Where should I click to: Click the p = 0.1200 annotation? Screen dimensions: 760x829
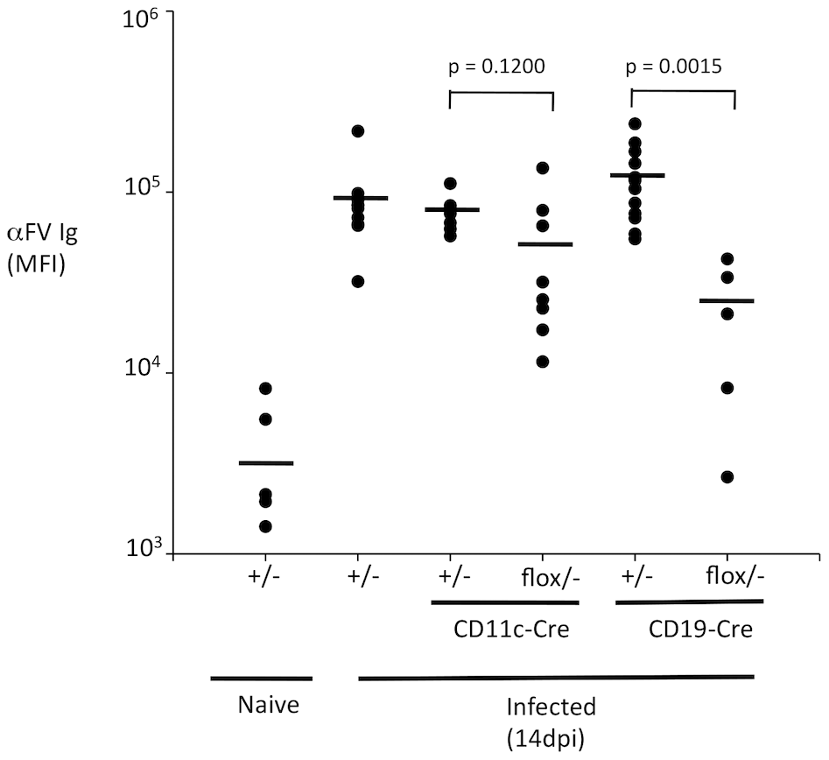[501, 67]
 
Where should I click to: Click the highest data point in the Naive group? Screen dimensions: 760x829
[266, 388]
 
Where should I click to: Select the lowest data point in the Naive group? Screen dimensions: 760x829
[266, 526]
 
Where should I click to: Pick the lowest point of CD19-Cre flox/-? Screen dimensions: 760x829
[727, 477]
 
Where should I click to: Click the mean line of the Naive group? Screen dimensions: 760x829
[265, 462]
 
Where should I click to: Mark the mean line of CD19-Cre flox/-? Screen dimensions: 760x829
[727, 301]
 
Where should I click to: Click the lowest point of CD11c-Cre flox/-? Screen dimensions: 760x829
[543, 362]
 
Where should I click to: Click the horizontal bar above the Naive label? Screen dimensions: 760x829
[262, 678]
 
